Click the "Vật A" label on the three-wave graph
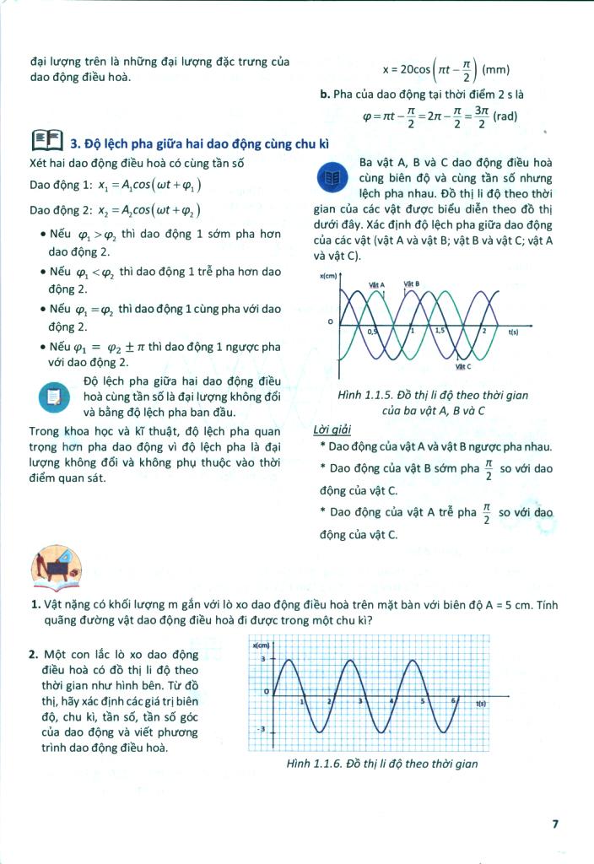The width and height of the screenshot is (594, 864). tap(377, 285)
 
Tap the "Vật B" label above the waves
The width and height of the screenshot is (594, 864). tap(412, 284)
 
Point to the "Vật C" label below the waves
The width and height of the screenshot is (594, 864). tap(462, 366)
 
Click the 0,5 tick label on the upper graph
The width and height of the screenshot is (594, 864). tap(374, 332)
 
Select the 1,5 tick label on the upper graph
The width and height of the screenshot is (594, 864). tap(440, 332)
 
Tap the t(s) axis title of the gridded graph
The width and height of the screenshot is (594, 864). tap(482, 703)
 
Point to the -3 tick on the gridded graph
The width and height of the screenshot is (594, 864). tap(262, 728)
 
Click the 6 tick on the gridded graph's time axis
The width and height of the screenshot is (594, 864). tap(453, 701)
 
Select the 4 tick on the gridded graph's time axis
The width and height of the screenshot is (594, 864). tap(391, 701)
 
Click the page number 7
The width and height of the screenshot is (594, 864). tap(555, 824)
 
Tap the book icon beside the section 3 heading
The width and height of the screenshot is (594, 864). tap(46, 141)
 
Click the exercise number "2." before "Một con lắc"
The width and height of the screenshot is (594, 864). tap(33, 655)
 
